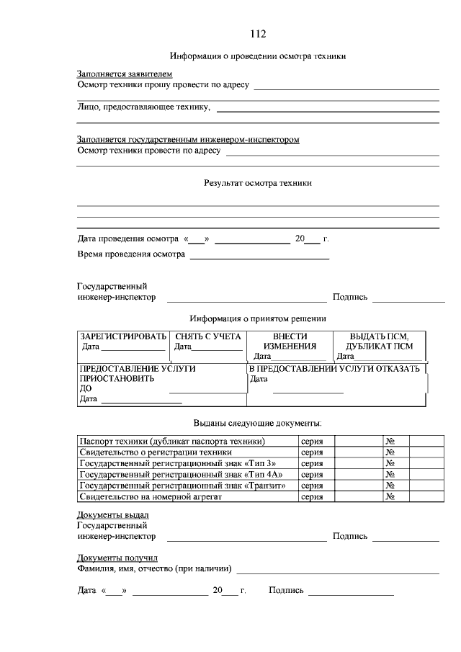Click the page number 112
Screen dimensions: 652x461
[x=258, y=34]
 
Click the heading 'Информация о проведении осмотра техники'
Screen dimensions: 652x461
[x=258, y=55]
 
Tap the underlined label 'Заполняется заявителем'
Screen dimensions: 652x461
[x=125, y=74]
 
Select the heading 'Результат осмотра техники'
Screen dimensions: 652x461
[x=258, y=183]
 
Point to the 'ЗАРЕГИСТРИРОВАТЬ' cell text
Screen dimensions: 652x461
[x=123, y=336]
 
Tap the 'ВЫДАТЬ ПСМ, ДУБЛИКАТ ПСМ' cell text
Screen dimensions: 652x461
[x=379, y=341]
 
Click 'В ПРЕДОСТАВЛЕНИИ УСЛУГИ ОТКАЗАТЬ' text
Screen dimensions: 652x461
[x=334, y=369]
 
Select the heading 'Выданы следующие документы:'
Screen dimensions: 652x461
[x=258, y=422]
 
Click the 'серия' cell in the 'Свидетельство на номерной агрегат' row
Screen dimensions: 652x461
[x=311, y=496]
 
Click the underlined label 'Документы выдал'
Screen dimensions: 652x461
[x=113, y=515]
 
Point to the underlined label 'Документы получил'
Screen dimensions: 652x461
[x=117, y=558]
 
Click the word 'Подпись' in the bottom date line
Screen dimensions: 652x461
[x=286, y=591]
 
